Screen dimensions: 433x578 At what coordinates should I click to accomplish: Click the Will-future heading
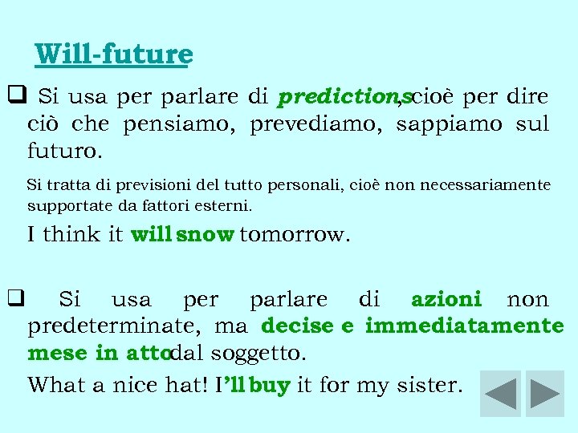(114, 55)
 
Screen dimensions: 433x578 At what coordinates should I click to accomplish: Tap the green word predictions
(344, 98)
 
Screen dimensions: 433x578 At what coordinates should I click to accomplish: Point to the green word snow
(206, 235)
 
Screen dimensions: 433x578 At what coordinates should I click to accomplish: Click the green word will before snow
(151, 235)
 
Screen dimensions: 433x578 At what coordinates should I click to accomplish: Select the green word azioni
(446, 300)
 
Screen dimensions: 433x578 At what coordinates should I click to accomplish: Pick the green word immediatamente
(464, 326)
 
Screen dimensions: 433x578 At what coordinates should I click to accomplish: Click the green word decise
(297, 326)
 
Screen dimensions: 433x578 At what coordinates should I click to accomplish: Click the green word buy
(269, 386)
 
